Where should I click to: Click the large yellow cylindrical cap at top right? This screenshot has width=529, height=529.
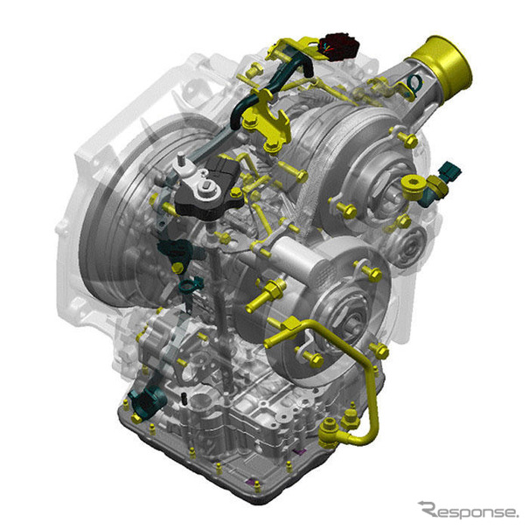coord(447,68)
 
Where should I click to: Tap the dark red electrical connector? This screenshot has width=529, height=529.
coord(339,46)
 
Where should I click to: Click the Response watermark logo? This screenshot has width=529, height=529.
coord(467,512)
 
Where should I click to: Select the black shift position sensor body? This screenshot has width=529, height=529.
coord(211,191)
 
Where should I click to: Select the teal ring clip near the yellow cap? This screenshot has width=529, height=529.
coord(414,85)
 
